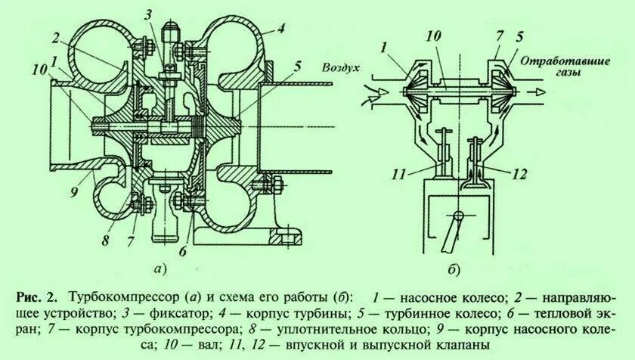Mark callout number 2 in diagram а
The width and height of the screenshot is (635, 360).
(x=55, y=37)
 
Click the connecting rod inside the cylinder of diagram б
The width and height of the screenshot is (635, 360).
(x=454, y=233)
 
